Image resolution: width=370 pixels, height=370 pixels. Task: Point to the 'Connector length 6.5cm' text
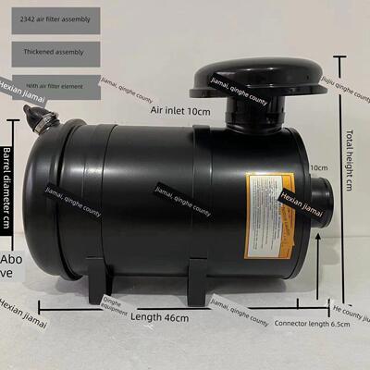pos(312,323)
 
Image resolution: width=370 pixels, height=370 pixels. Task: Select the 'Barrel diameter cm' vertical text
pos(6,185)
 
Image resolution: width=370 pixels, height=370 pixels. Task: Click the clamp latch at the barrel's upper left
pos(39,117)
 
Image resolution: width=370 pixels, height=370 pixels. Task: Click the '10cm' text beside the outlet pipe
pos(319,167)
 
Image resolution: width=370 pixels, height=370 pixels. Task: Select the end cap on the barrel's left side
pos(46,199)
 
